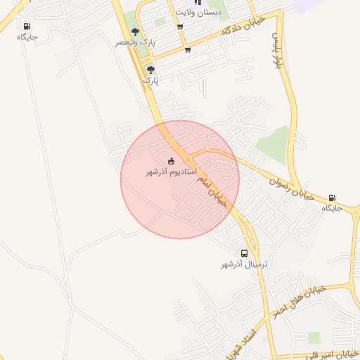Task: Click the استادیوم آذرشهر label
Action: [x=170, y=172]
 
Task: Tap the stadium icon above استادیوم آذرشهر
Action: [x=172, y=161]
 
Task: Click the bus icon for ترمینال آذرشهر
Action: [x=244, y=253]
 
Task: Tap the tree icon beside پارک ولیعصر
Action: [x=135, y=32]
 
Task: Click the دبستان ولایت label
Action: [x=198, y=13]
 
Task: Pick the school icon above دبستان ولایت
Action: [x=198, y=3]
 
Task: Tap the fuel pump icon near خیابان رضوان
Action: [x=332, y=198]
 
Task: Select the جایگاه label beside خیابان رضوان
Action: [x=331, y=208]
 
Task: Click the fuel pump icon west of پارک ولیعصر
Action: [x=27, y=26]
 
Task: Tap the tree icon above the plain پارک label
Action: [x=150, y=70]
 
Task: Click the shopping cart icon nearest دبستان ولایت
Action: [x=180, y=27]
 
